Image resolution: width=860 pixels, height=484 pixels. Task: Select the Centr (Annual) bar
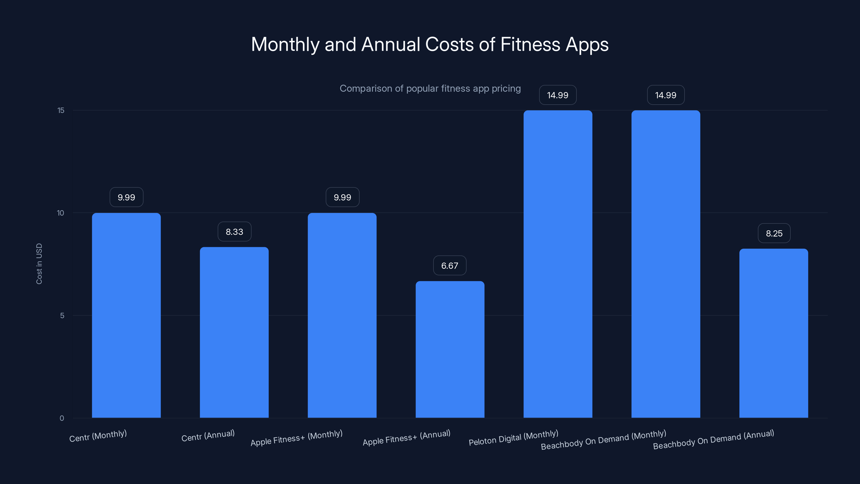click(x=234, y=332)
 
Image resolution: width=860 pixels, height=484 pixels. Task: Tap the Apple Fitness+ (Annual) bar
click(x=450, y=349)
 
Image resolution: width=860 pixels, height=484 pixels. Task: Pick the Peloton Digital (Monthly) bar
click(x=558, y=264)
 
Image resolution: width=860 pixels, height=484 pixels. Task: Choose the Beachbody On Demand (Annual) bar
click(x=773, y=333)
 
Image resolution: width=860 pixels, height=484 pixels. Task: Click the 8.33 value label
click(x=234, y=232)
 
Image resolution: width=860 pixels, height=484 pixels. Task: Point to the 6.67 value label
click(x=450, y=266)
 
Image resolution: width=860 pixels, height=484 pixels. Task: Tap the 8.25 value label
click(x=774, y=233)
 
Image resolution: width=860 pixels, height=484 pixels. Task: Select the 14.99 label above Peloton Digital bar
click(x=558, y=95)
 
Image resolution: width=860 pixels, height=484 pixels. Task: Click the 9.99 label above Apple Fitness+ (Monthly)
click(x=342, y=197)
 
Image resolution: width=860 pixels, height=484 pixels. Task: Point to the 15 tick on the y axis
click(x=61, y=111)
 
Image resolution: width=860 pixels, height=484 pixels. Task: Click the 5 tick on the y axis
click(x=62, y=316)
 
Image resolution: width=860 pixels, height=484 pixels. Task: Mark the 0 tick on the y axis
click(x=62, y=418)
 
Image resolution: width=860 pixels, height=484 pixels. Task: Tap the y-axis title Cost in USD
click(x=39, y=264)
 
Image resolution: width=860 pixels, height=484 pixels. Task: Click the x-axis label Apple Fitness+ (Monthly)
click(x=296, y=438)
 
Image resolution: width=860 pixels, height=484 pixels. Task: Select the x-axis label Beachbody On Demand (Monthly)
click(x=603, y=440)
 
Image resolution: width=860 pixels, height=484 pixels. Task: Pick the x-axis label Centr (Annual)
click(x=208, y=436)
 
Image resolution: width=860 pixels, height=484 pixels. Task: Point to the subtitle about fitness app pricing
click(x=430, y=88)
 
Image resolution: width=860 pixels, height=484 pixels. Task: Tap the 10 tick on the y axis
click(x=60, y=213)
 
